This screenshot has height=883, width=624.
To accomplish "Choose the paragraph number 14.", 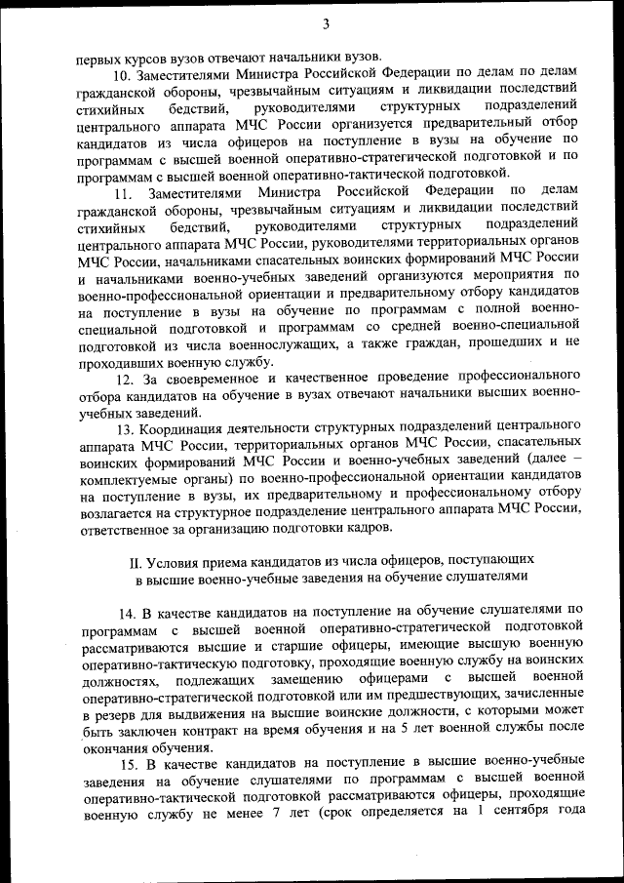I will coord(128,612).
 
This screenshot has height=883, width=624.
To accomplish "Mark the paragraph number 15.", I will coord(128,761).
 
